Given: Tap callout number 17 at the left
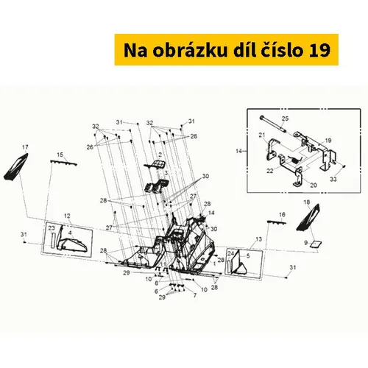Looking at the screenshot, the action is tap(25, 147).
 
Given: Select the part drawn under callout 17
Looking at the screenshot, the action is tap(16, 167).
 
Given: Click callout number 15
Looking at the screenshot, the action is tap(60, 155).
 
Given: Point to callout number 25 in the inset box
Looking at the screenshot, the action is tap(285, 118).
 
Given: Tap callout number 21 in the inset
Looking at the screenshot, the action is tap(262, 135).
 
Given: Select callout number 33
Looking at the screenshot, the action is tap(333, 180).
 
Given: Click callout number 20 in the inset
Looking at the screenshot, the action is tap(314, 185).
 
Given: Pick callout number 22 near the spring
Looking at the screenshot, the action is tap(270, 171).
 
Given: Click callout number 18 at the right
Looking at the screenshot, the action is tap(307, 202).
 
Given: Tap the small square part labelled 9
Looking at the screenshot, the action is tap(316, 244).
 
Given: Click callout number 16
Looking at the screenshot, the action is tap(282, 215).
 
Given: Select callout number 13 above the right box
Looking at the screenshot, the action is tap(259, 239).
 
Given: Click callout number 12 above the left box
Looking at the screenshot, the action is tap(67, 216).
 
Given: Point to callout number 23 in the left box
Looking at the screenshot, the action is tap(52, 228).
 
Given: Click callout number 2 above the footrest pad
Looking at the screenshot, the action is tap(160, 155).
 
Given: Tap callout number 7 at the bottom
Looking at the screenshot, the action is tap(195, 295).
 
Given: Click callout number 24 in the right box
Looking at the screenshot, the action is tap(230, 253).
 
